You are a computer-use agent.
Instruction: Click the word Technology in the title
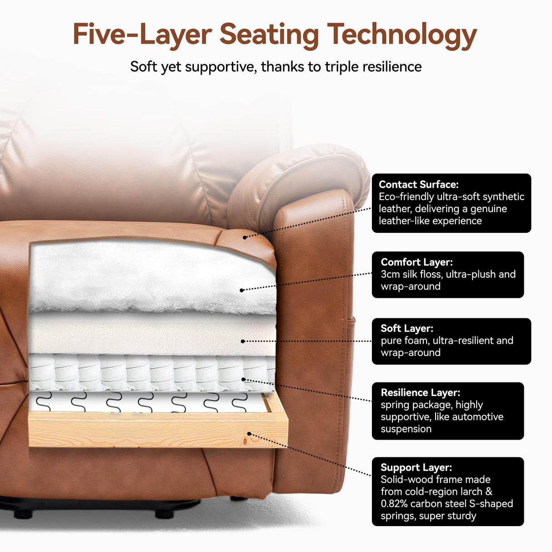(x=402, y=35)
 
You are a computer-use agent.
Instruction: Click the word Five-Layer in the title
(x=142, y=35)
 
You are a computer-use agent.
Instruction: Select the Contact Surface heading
(x=418, y=185)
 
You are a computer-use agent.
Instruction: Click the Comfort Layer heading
(x=417, y=262)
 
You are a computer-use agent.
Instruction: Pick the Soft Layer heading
(x=407, y=328)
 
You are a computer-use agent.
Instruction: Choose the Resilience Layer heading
(x=420, y=392)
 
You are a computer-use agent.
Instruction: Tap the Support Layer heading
(x=416, y=467)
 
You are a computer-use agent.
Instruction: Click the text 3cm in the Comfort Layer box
(x=390, y=274)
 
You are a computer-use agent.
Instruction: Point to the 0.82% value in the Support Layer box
(x=394, y=504)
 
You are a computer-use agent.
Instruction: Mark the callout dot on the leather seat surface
(x=245, y=237)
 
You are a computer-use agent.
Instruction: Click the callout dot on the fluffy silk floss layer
(x=241, y=290)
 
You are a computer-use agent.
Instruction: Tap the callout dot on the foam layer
(x=243, y=341)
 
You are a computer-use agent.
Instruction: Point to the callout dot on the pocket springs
(x=244, y=379)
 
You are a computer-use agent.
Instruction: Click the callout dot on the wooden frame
(x=248, y=434)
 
